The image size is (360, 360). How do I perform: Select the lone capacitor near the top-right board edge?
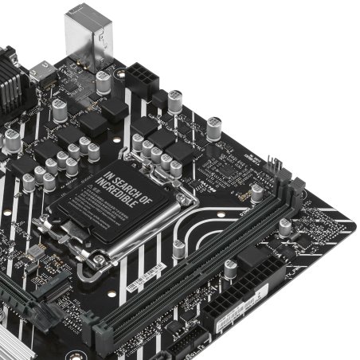click(x=214, y=127)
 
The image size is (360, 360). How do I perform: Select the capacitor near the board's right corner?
click(x=285, y=227)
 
